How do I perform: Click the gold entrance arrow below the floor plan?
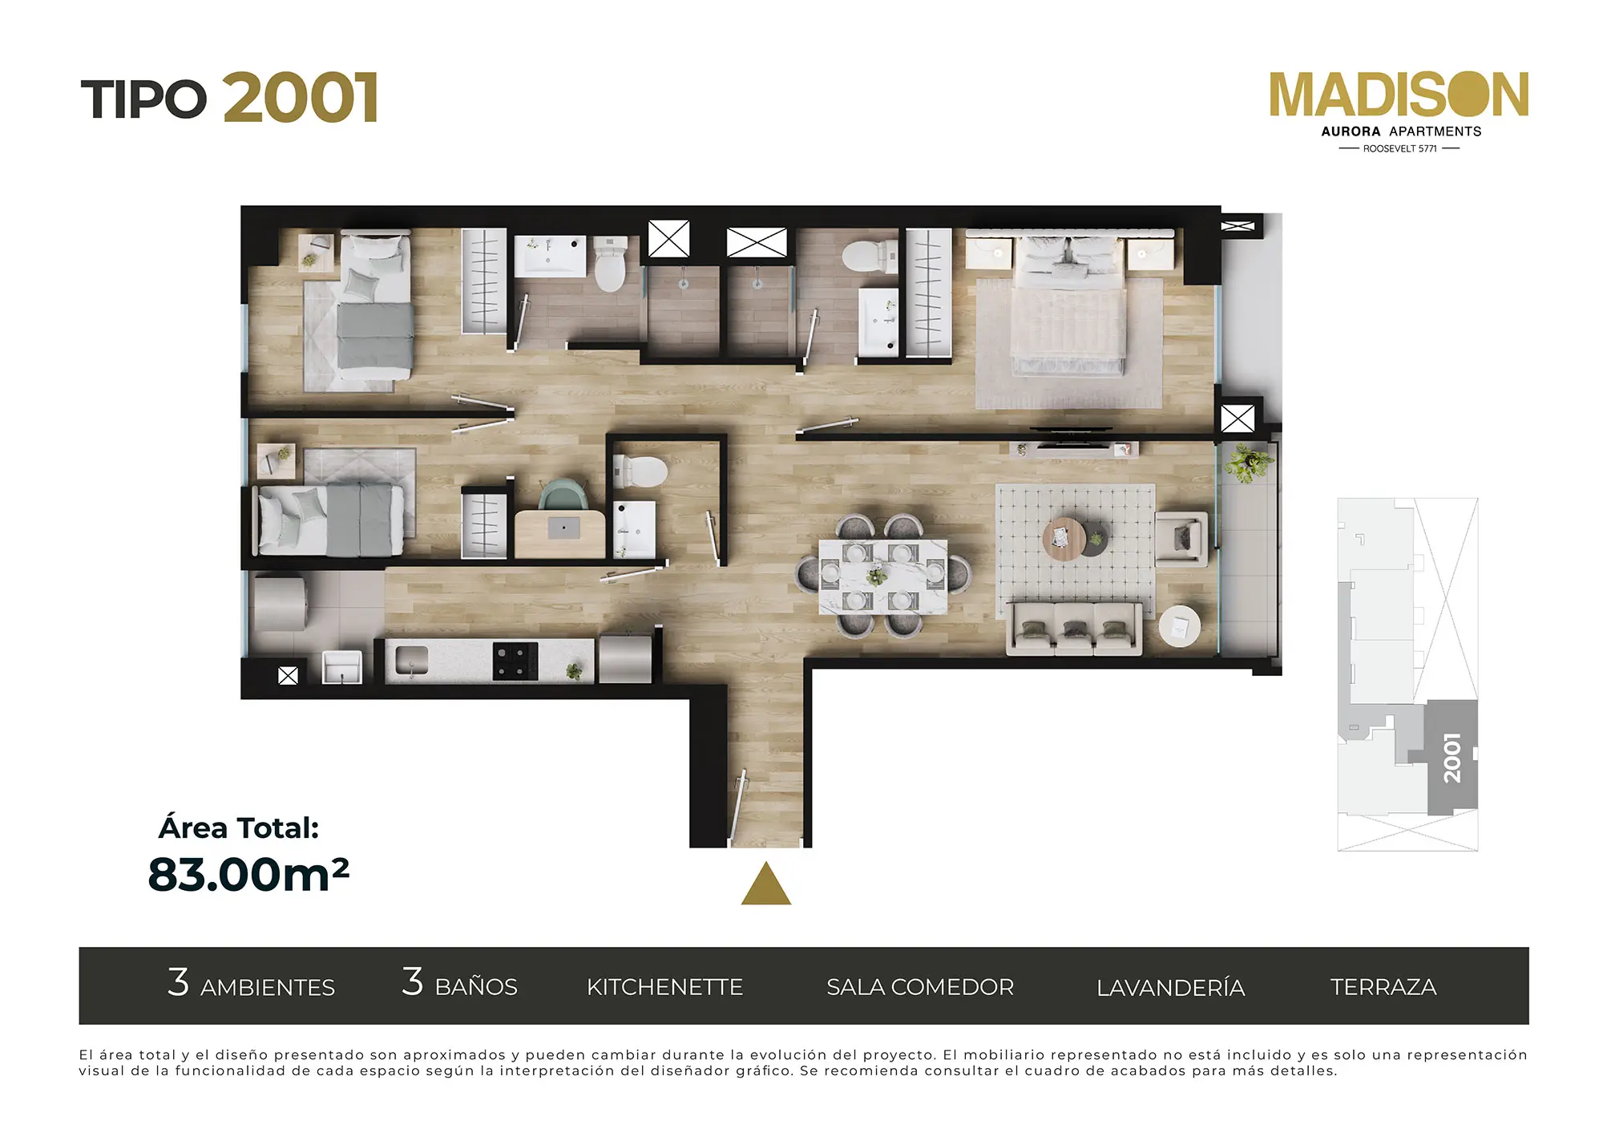pos(766,884)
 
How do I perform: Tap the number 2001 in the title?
pos(301,98)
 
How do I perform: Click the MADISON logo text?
pos(1399,95)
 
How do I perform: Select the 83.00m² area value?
pos(248,874)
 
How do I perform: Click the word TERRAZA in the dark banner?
pos(1383,987)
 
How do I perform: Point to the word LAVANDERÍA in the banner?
pos(1171,987)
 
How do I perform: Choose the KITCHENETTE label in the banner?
pos(664,987)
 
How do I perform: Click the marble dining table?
pos(883,577)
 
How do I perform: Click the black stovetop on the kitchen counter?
pos(515,661)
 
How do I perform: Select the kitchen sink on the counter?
pos(411,661)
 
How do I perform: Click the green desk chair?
pos(563,494)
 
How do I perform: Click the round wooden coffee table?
pos(1064,538)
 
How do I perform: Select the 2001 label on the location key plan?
pos(1452,758)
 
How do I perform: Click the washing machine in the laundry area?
pos(279,605)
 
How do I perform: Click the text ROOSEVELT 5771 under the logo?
pos(1399,149)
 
